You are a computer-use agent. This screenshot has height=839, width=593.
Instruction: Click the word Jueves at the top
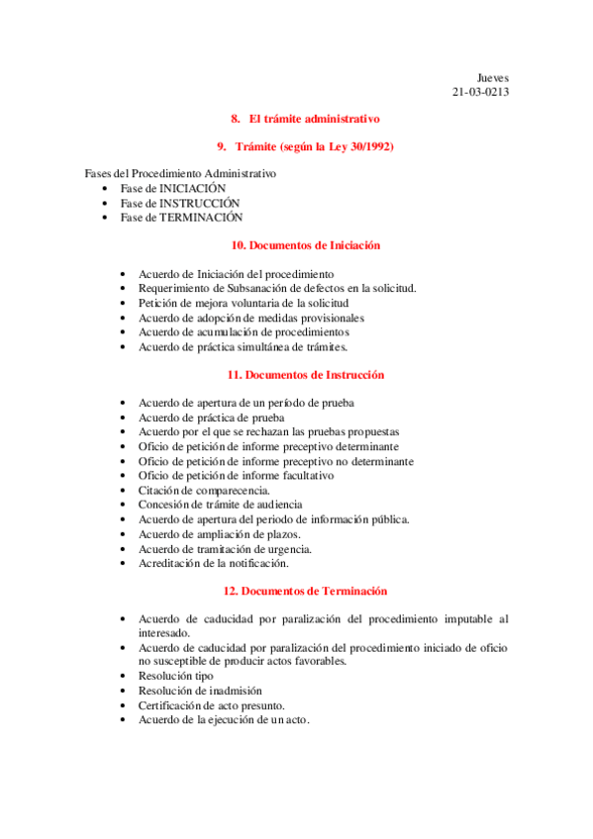click(x=492, y=77)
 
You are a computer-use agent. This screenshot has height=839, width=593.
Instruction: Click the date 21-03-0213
click(x=480, y=92)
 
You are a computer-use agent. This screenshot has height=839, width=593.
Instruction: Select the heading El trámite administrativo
click(x=315, y=119)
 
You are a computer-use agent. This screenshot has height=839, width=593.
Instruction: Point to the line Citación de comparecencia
click(x=204, y=490)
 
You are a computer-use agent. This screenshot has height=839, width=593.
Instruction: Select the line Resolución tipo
click(x=175, y=676)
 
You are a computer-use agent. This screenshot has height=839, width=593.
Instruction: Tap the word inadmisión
click(x=236, y=691)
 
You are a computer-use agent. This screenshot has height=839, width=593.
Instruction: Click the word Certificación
click(x=173, y=705)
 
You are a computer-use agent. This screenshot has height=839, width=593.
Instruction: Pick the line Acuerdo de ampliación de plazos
click(x=219, y=534)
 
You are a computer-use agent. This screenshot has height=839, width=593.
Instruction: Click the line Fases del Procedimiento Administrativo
click(x=180, y=173)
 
